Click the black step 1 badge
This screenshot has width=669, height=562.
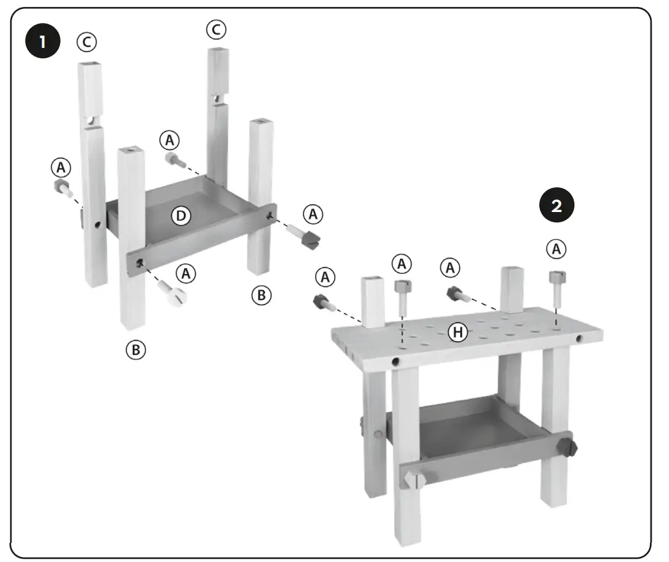pyautogui.click(x=42, y=43)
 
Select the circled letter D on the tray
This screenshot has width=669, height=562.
pyautogui.click(x=181, y=216)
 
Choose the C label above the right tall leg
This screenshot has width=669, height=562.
pyautogui.click(x=215, y=29)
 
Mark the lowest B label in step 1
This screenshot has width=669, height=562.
pyautogui.click(x=135, y=349)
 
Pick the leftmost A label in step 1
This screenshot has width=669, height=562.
pyautogui.click(x=61, y=167)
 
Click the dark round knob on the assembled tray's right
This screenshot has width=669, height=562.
pyautogui.click(x=567, y=445)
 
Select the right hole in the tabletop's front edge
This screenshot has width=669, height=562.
pyautogui.click(x=580, y=338)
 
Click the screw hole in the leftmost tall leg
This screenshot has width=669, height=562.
pyautogui.click(x=96, y=225)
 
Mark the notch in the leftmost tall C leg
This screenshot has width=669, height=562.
pyautogui.click(x=92, y=119)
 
